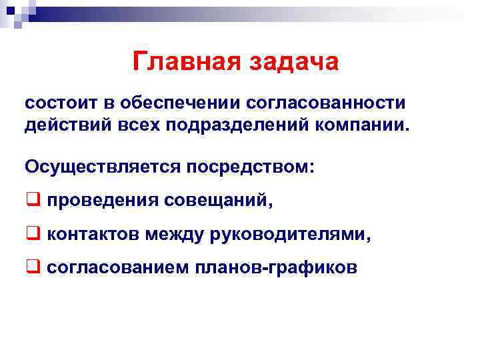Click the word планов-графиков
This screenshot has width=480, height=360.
[276, 267]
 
